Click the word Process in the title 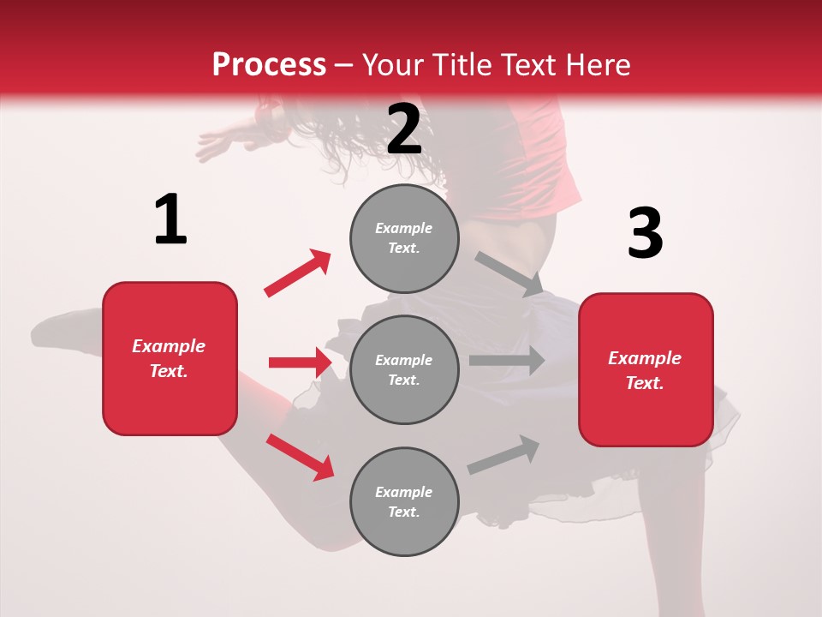tap(269, 64)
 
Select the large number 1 tap(170, 220)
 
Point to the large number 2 tap(404, 129)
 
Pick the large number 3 tap(645, 234)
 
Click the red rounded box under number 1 tap(170, 358)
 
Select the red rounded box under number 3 tap(646, 369)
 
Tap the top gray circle tap(404, 238)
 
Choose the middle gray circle tap(404, 369)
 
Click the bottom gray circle tap(404, 501)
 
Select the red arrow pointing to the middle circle tap(300, 362)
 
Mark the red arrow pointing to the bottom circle tap(300, 457)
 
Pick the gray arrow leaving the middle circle tap(506, 361)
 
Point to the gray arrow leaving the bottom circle tap(503, 455)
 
